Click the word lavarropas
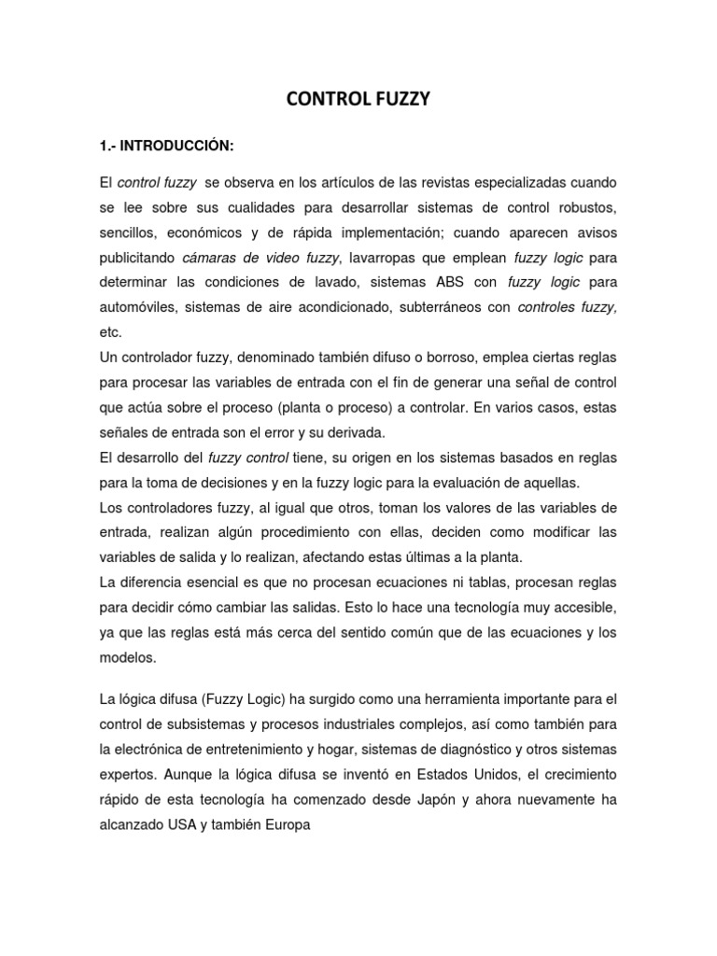[389, 256]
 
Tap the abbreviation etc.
[109, 331]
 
